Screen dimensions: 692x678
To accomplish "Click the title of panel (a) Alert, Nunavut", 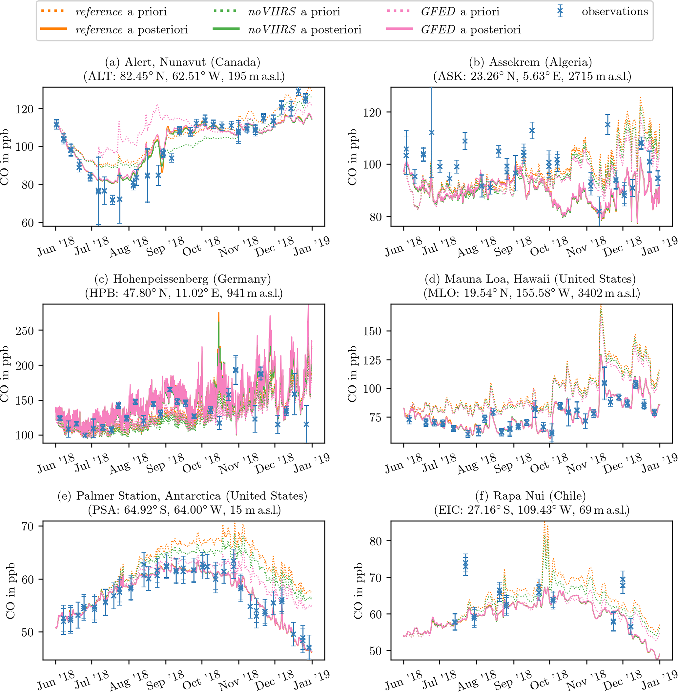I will pyautogui.click(x=183, y=62).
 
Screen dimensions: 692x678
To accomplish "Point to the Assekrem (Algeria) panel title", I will pyautogui.click(x=531, y=62).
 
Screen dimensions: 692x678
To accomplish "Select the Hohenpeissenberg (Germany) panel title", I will pyautogui.click(x=183, y=279).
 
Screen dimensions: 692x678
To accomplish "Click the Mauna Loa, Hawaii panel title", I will pyautogui.click(x=531, y=279).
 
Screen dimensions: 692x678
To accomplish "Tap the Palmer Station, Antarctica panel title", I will pyautogui.click(x=183, y=496).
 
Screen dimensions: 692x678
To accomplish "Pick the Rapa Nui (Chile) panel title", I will pyautogui.click(x=531, y=496).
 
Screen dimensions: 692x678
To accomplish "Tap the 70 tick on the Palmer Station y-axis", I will pyautogui.click(x=28, y=527).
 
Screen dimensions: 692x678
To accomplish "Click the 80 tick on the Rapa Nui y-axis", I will pyautogui.click(x=375, y=541).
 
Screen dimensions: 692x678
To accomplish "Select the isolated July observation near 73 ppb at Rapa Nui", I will pyautogui.click(x=465, y=565).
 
